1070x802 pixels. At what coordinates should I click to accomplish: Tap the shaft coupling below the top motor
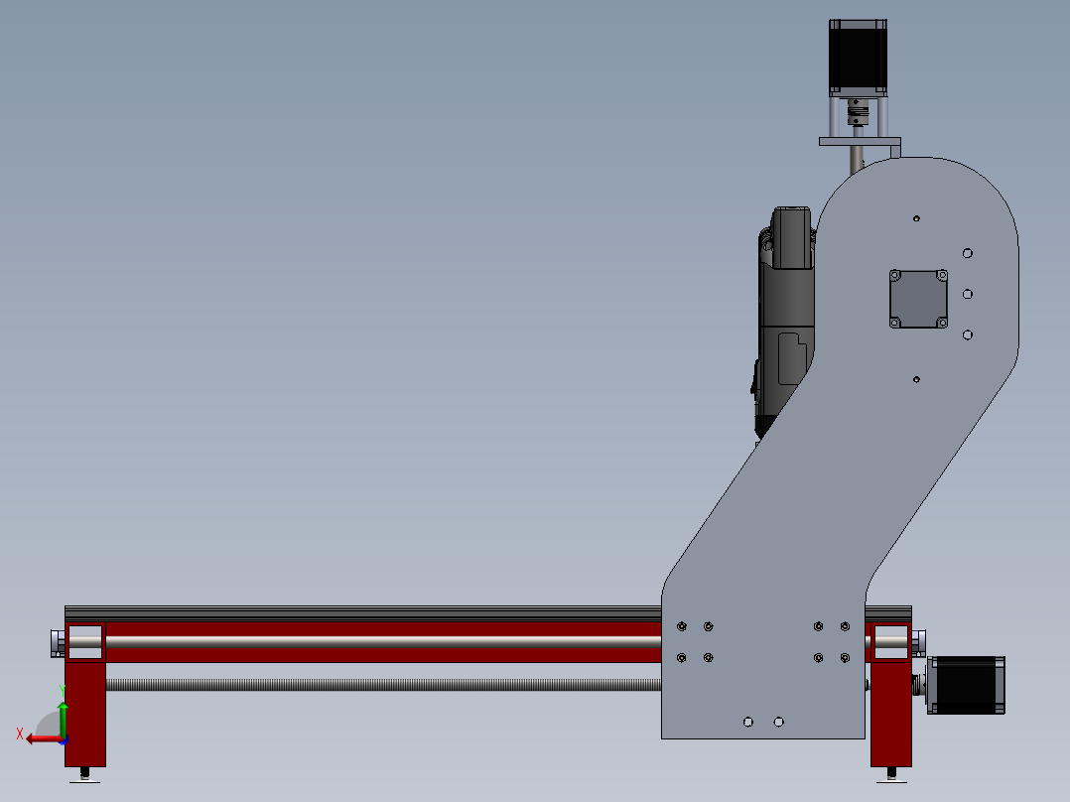[857, 115]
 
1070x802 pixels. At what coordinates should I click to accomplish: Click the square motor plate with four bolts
[918, 299]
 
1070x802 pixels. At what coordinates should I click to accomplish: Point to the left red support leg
[84, 710]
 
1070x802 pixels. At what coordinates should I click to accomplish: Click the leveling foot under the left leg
[85, 775]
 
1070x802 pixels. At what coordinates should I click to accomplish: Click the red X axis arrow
[42, 738]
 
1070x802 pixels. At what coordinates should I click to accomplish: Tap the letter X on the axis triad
[20, 735]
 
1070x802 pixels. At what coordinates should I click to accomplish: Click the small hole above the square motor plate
[916, 218]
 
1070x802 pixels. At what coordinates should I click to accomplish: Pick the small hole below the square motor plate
[916, 379]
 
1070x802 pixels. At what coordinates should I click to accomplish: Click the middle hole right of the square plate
[968, 294]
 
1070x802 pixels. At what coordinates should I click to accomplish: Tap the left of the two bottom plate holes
[748, 722]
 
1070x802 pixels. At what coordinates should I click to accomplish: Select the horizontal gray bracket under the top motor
[860, 142]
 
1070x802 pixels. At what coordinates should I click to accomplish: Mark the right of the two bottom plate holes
[778, 722]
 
